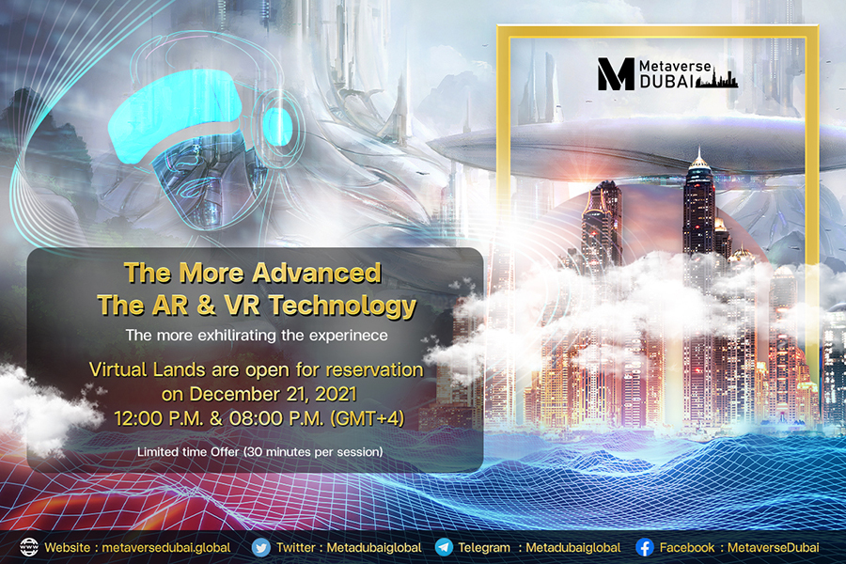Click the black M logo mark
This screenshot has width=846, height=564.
[616, 74]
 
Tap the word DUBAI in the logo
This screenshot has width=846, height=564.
[666, 82]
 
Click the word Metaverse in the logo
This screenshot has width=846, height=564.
[675, 66]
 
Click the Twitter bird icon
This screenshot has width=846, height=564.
[261, 548]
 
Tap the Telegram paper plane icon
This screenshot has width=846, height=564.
[444, 547]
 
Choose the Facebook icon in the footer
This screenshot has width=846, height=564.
[645, 547]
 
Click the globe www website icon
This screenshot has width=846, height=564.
[29, 547]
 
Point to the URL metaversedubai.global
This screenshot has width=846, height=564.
[166, 547]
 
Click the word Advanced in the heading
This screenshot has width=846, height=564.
[313, 274]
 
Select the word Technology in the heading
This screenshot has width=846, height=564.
[343, 305]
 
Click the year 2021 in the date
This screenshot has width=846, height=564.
[336, 394]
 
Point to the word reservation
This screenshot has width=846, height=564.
[374, 370]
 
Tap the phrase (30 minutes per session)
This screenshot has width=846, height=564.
[313, 452]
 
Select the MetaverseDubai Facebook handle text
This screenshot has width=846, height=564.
[774, 547]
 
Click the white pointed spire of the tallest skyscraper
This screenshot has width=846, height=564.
[698, 157]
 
